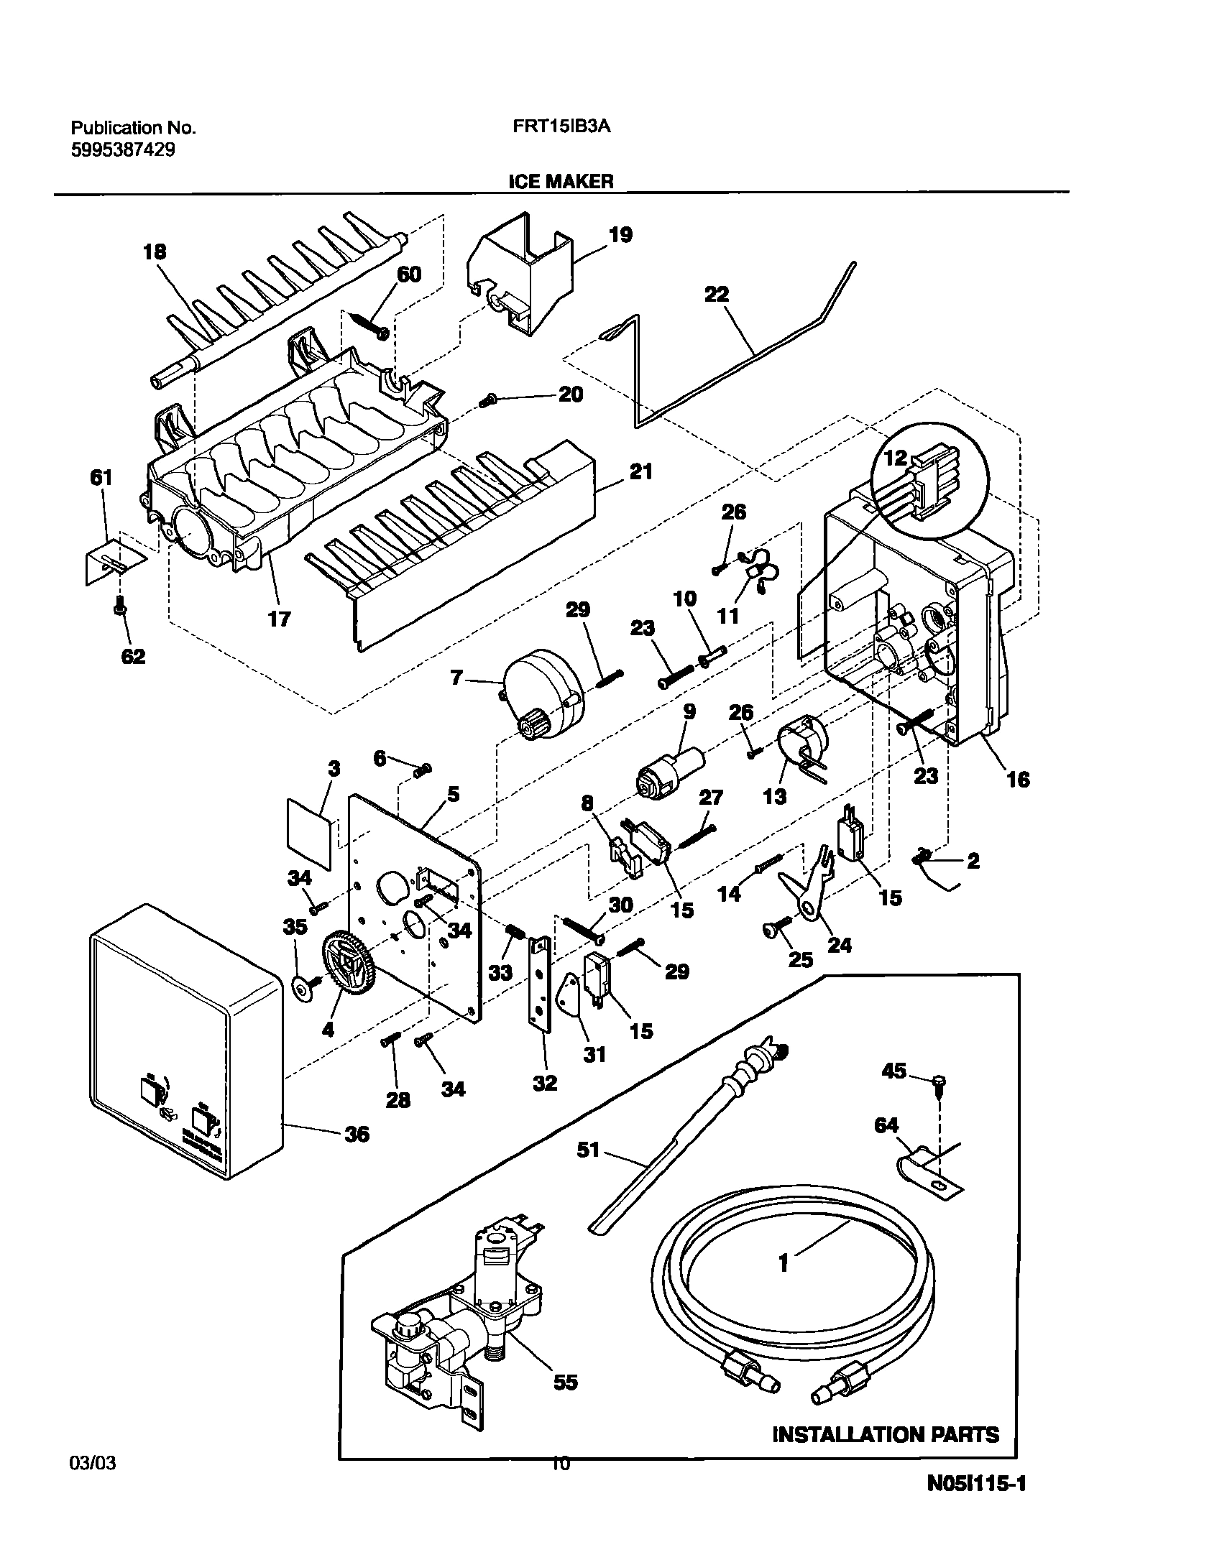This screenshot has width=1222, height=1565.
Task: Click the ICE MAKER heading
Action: coord(561,181)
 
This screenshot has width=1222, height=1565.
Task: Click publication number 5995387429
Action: coord(123,150)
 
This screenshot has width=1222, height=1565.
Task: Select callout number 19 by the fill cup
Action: coord(620,234)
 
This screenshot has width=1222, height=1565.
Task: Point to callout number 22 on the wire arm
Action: coord(717,295)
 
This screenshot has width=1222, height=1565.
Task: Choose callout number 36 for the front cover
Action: coord(357,1134)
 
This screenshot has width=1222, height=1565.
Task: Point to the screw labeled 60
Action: coord(368,322)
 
